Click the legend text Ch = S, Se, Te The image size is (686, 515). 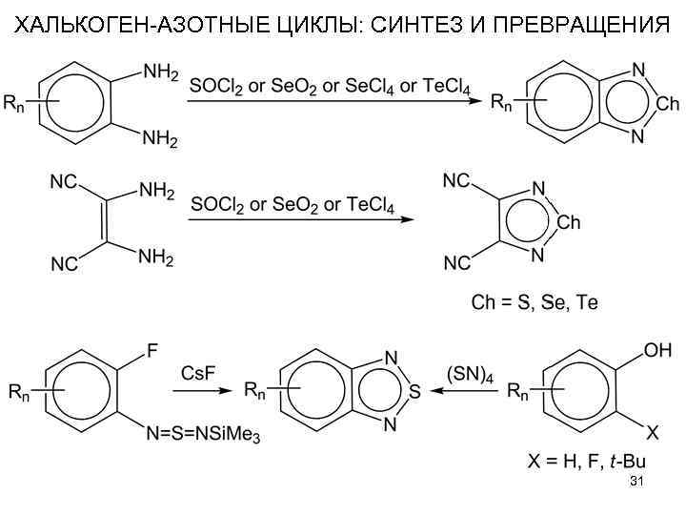(x=535, y=303)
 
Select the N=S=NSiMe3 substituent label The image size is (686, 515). (x=203, y=436)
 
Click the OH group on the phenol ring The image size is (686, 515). (x=656, y=351)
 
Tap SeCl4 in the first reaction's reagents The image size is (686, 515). (x=358, y=87)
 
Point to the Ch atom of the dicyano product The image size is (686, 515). (x=568, y=222)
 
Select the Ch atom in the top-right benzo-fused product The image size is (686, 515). (x=668, y=102)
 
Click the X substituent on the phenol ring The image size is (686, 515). (x=653, y=432)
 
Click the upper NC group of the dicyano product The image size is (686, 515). (x=456, y=180)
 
